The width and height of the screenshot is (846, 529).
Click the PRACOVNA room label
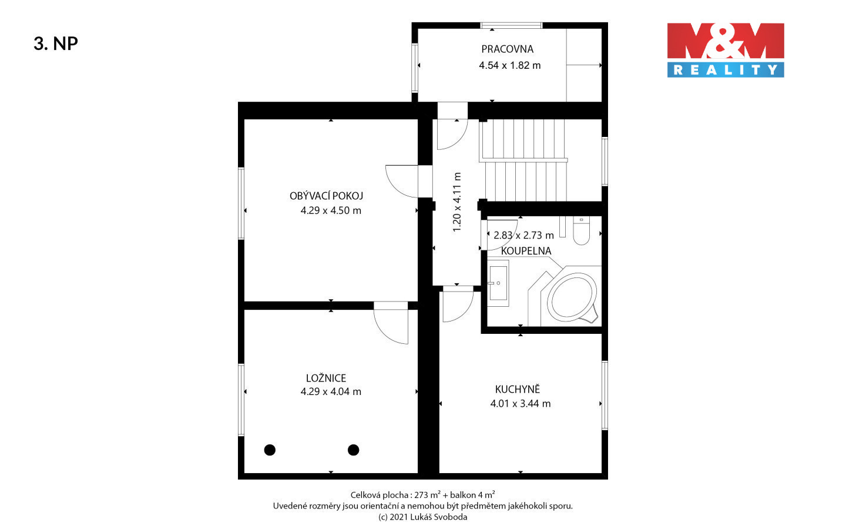507,49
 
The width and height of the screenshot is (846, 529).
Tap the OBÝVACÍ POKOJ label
326,196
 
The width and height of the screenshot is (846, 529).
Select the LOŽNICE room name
326,378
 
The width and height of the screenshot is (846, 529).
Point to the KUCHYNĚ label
518,389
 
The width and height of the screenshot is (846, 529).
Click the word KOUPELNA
526,251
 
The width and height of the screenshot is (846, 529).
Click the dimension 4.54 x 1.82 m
510,65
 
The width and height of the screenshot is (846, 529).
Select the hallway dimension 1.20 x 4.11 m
457,202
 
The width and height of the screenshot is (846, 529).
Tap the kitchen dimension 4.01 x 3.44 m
521,404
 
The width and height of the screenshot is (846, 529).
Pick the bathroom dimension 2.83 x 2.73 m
523,235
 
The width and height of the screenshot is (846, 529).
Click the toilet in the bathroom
581,230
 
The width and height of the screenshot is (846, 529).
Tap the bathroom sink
498,283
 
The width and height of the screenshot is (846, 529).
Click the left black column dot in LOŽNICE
270,450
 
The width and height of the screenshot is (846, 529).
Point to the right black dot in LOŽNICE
354,450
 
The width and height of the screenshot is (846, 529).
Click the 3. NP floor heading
56,43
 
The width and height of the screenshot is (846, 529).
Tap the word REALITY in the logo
726,70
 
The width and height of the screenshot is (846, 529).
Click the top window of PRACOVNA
511,25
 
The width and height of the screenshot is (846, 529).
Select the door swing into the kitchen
458,304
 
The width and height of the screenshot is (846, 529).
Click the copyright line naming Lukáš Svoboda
423,517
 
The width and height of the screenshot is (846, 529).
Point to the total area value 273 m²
428,495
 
